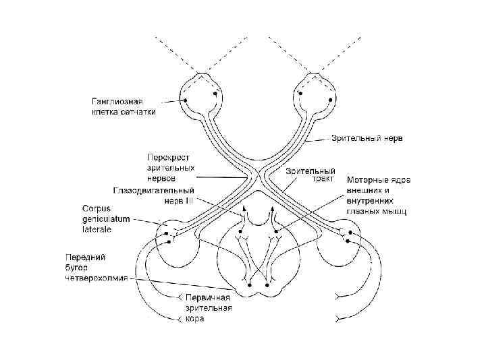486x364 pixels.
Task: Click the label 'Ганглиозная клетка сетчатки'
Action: coord(123,107)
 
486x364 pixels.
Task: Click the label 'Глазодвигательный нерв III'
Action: coord(155,195)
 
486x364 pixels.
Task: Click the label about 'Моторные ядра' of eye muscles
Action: coord(379,195)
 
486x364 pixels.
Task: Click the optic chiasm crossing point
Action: coord(258,177)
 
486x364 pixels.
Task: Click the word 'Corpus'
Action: coord(97,208)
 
